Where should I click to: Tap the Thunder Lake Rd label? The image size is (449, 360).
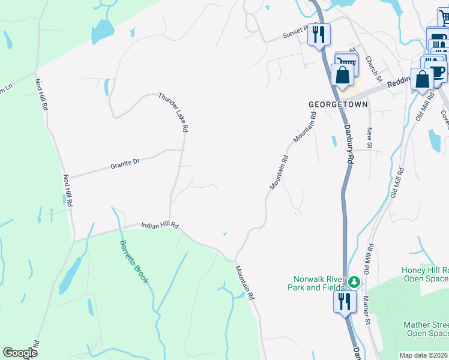(174, 112)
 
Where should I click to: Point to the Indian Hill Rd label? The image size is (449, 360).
(160, 226)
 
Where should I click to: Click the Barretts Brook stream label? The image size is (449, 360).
(134, 262)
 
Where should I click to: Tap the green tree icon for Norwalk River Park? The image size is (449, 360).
(355, 281)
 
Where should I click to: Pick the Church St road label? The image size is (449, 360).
(373, 68)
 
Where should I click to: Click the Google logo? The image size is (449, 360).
(19, 353)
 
